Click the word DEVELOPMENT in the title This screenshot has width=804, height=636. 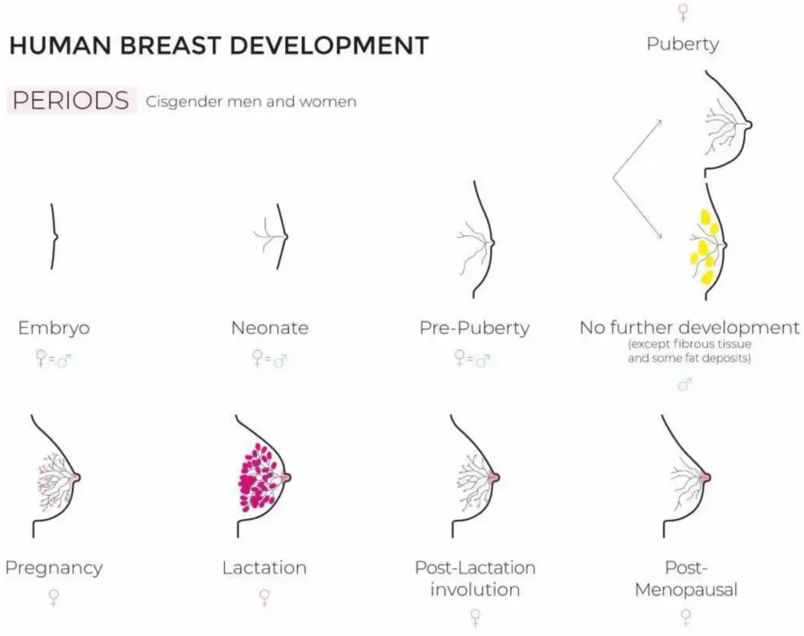[x=329, y=45]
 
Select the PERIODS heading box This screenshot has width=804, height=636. [x=71, y=100]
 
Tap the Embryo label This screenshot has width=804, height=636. [x=54, y=327]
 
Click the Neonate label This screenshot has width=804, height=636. [x=269, y=327]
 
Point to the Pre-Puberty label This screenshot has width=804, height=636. [x=474, y=327]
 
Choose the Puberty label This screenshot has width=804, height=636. [x=683, y=44]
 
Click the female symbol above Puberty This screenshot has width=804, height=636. [x=683, y=13]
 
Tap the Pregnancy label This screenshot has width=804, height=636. [x=54, y=568]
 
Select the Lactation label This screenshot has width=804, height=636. [x=264, y=568]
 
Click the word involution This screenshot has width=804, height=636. [x=475, y=589]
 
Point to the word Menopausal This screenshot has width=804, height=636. [x=686, y=589]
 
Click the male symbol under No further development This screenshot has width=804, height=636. [x=685, y=384]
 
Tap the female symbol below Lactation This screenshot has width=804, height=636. [x=264, y=597]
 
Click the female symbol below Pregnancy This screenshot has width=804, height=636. [x=54, y=597]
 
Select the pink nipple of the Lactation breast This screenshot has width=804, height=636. [x=285, y=477]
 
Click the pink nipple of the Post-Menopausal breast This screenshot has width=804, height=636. [x=705, y=477]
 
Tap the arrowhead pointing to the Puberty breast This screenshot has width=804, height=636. [x=659, y=123]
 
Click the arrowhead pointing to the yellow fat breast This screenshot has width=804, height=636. [x=659, y=236]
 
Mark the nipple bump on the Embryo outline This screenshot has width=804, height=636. [x=55, y=237]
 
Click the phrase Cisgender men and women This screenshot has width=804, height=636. [x=251, y=101]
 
